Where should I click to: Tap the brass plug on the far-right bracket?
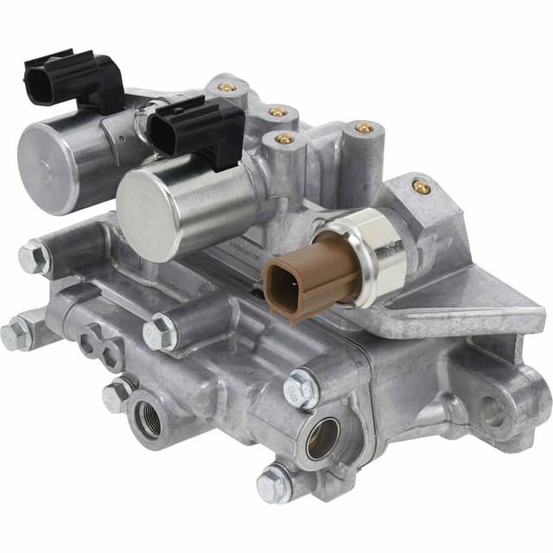coord(421,187)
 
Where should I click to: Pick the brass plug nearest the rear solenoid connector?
coord(227,87)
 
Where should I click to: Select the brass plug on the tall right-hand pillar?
coord(364,128)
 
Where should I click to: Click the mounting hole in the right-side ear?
coord(493,415)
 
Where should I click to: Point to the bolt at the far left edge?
coord(15,334)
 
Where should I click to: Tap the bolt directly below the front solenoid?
coord(162,332)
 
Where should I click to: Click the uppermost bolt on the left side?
coord(35,256)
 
